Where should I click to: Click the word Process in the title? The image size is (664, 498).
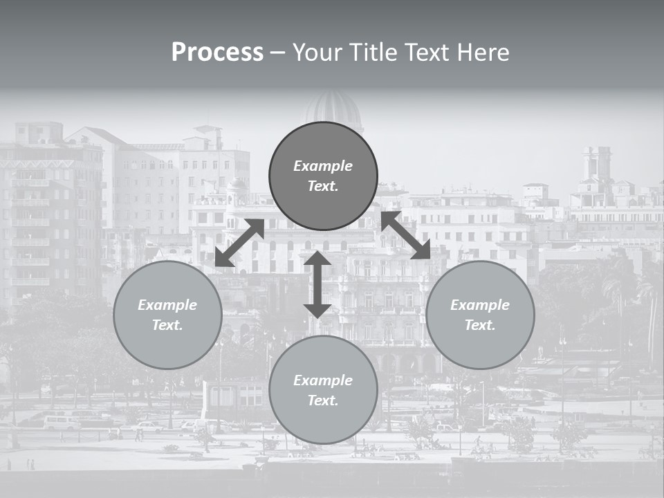(217, 53)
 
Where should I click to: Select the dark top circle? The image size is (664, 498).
(323, 176)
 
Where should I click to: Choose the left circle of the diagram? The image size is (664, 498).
(167, 315)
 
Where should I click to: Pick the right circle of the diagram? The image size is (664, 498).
(480, 315)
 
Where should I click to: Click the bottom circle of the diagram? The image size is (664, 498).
(323, 390)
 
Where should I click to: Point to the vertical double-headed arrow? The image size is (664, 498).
(317, 284)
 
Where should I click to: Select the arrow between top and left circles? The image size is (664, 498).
(239, 243)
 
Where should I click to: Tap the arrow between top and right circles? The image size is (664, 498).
(406, 235)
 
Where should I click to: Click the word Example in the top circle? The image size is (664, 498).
(323, 166)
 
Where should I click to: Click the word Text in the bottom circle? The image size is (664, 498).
(322, 400)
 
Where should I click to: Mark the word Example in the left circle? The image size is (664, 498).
(167, 305)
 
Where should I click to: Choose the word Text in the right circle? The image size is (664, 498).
(479, 325)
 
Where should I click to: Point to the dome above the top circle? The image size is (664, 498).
(334, 109)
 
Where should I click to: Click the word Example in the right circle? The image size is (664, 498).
(480, 305)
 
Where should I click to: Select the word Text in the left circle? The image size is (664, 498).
(167, 325)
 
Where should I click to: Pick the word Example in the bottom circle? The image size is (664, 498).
(323, 380)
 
